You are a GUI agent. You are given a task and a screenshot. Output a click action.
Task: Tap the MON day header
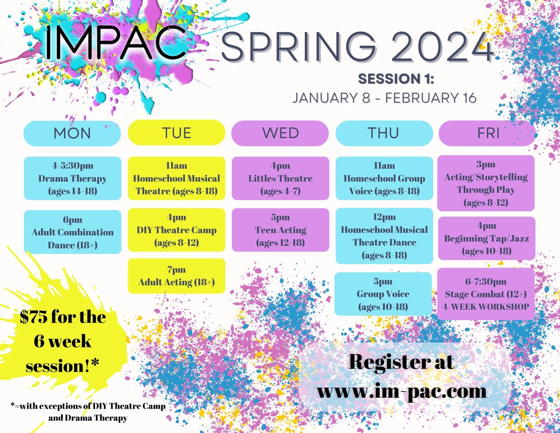tap(72, 133)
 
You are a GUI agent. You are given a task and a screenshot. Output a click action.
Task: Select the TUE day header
tap(177, 132)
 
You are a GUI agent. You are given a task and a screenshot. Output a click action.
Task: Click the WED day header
tap(280, 133)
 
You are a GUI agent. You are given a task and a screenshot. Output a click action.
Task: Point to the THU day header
tap(384, 133)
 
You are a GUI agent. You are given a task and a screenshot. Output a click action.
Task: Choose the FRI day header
tap(488, 133)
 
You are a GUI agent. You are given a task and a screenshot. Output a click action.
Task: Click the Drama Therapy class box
tap(73, 178)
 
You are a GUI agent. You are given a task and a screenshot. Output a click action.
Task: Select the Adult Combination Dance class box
tap(73, 232)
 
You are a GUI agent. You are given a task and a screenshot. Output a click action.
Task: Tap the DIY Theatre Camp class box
tap(177, 230)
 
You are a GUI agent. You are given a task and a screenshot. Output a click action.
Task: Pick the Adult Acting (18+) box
tap(177, 276)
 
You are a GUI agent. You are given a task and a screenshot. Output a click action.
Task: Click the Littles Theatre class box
tap(280, 178)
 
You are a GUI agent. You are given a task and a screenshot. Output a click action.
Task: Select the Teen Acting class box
tap(280, 230)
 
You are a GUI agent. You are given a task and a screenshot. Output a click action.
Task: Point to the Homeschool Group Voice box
tap(384, 178)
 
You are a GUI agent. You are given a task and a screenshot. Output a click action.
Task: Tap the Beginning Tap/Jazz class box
tap(486, 238)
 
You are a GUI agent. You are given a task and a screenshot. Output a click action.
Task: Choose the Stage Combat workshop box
tap(486, 294)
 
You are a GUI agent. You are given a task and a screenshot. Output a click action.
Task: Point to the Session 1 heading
tap(396, 79)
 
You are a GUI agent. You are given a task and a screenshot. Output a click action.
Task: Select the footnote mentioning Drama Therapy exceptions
tap(88, 412)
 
